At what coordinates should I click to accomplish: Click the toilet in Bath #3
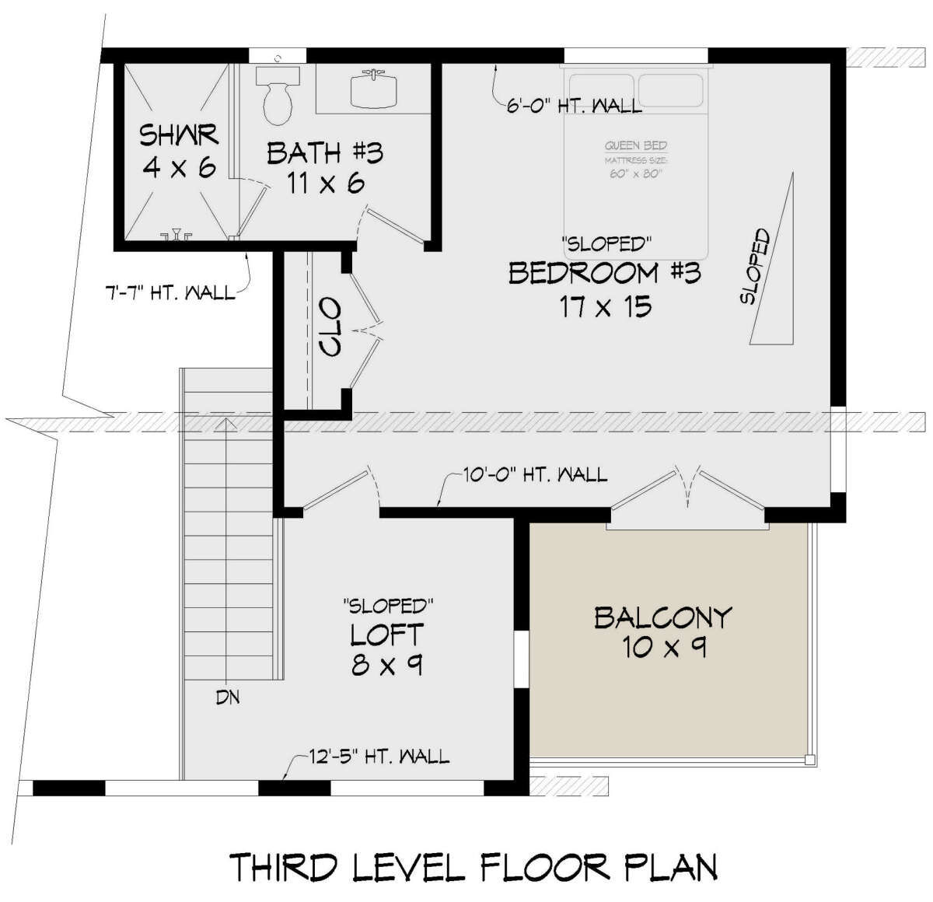(x=278, y=96)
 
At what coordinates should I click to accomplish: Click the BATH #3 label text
(x=325, y=153)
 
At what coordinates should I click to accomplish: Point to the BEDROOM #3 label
(x=604, y=273)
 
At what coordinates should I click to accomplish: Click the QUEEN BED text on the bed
(x=636, y=145)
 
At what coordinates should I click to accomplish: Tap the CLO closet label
(x=330, y=327)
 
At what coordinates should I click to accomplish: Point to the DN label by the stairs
(x=228, y=697)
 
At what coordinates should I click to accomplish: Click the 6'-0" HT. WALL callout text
(x=574, y=106)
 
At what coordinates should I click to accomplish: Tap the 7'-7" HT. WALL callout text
(x=170, y=292)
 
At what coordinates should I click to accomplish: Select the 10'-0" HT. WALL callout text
(x=535, y=475)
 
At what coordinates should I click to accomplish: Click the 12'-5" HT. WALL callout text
(x=379, y=757)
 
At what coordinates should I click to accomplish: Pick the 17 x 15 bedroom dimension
(x=606, y=306)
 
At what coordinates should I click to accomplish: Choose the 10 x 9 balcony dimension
(x=664, y=648)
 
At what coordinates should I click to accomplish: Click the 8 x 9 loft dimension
(x=387, y=665)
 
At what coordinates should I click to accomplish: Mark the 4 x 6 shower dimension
(x=179, y=167)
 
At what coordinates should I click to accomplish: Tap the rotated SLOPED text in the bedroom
(x=755, y=266)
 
